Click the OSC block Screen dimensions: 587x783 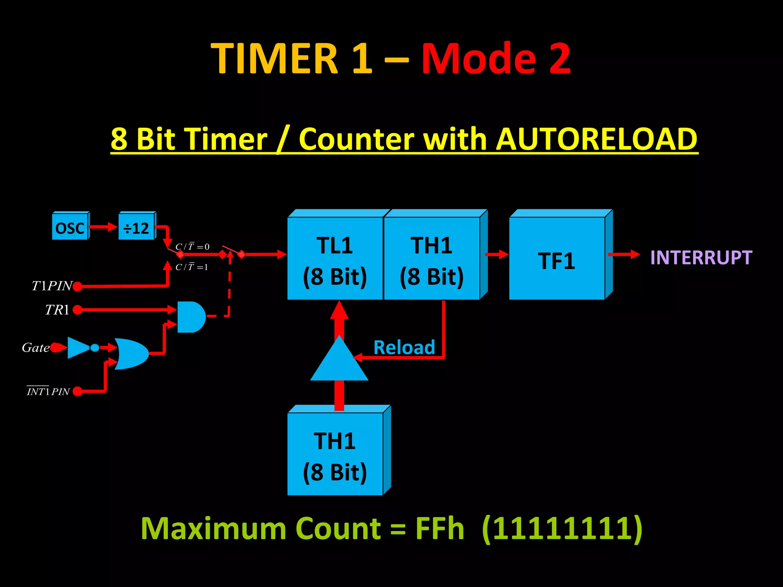[70, 228]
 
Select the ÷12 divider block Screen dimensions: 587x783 [136, 228]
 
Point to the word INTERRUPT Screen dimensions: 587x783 [701, 258]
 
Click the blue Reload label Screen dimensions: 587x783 [404, 347]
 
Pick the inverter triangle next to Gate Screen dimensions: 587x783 [78, 347]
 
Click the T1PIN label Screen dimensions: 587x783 [52, 286]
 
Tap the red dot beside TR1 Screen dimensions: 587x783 [78, 310]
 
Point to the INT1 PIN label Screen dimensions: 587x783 [48, 391]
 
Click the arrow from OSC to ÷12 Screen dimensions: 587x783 [103, 227]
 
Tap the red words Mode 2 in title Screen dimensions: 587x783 [496, 58]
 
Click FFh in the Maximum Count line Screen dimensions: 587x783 [440, 529]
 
